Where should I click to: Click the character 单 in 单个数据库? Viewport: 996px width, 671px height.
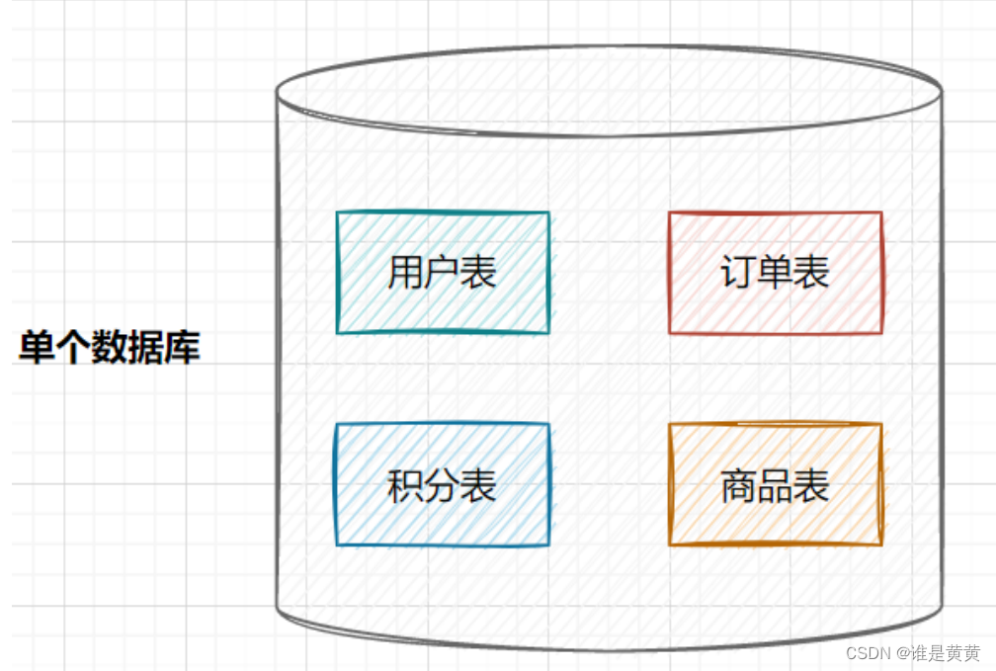tap(37, 349)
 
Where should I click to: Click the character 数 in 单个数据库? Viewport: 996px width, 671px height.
tap(110, 349)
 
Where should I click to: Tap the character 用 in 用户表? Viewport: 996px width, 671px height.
tap(405, 273)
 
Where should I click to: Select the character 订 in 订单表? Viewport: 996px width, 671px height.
tap(738, 273)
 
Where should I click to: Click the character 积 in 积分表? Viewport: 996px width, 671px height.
tap(405, 486)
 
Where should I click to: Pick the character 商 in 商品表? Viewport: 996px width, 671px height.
tap(738, 486)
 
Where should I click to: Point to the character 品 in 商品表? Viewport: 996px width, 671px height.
tap(775, 486)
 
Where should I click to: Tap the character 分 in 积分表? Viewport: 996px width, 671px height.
tap(442, 486)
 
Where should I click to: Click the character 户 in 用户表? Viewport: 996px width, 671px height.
tap(442, 273)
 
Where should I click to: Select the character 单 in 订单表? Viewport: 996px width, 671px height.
tap(775, 273)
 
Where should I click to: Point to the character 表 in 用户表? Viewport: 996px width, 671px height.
tap(478, 273)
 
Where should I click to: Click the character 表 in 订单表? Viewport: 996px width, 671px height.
tap(811, 273)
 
